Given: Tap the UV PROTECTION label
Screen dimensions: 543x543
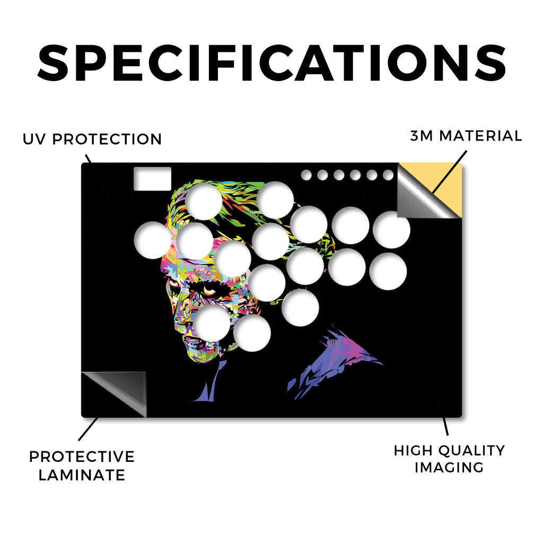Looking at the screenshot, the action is tap(92, 139).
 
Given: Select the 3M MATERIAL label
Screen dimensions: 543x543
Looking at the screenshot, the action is tap(466, 136).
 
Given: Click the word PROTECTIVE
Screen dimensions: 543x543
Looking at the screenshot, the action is tap(82, 457).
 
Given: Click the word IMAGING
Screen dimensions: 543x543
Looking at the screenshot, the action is tap(449, 468).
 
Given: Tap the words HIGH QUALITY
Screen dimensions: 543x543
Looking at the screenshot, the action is tap(449, 451).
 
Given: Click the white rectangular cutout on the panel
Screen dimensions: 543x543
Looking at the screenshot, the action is tap(152, 179).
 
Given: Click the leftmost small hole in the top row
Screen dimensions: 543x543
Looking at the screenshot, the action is tap(306, 175).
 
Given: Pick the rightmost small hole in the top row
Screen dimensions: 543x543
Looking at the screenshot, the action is tap(388, 175).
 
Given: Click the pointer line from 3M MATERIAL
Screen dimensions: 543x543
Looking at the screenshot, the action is tap(450, 172).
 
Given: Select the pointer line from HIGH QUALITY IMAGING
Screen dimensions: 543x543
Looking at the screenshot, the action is tap(445, 426).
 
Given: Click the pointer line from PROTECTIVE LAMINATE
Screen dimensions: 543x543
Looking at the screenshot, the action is tap(89, 429).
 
